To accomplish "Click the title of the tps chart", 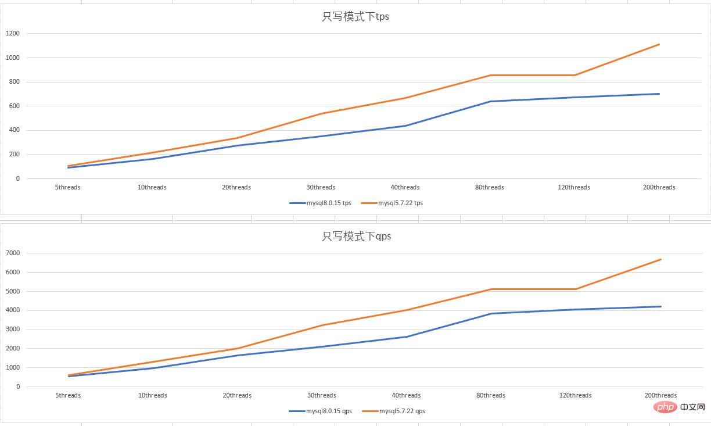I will click(355, 17).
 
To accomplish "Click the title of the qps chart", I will click(356, 237).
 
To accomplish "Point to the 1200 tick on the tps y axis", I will click(13, 34).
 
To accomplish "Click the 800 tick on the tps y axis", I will click(15, 82).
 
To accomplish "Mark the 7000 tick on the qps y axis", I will click(13, 253).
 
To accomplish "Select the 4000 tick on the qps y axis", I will click(13, 310).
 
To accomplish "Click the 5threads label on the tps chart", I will click(68, 188).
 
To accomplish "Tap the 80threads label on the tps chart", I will click(490, 188).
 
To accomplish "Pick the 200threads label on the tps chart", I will click(659, 188).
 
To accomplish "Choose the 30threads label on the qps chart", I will click(322, 396).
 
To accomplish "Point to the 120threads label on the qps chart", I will click(576, 396).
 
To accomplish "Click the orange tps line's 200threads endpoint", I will click(659, 44).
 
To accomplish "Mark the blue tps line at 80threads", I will click(490, 102).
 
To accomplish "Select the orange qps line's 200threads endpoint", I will click(661, 259).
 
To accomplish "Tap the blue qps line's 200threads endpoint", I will click(661, 306).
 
